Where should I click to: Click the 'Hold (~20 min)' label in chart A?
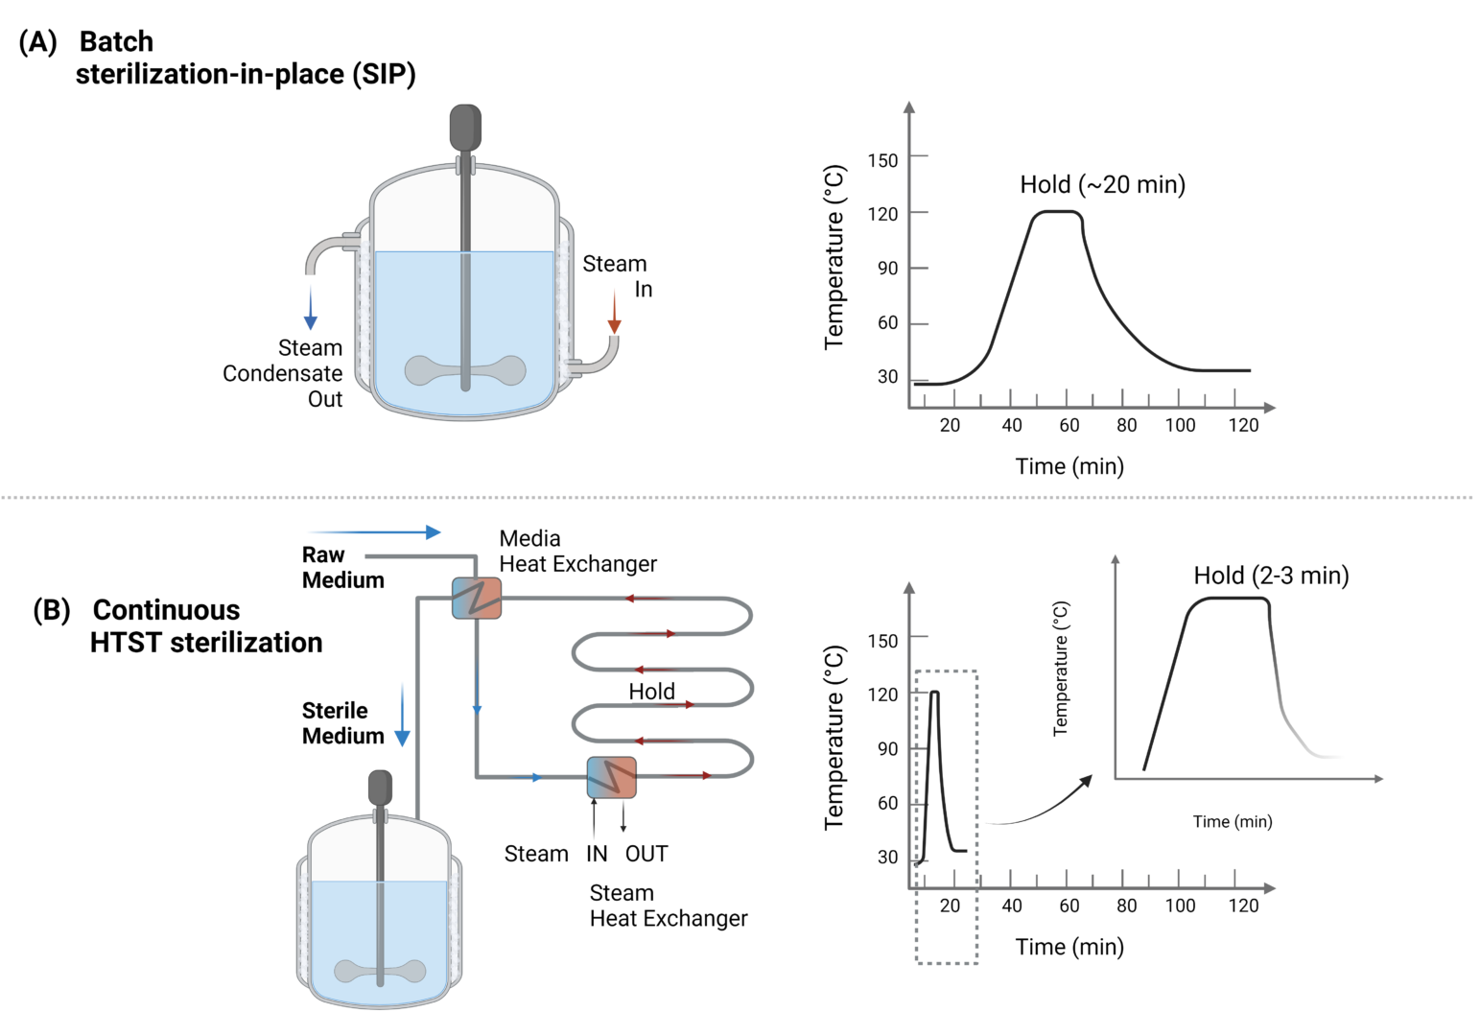point(1102,184)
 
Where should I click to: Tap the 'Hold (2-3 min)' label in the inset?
point(1271,575)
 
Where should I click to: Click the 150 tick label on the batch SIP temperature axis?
point(882,160)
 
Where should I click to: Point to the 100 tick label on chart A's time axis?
point(1180,425)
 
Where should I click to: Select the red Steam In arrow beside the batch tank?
point(614,314)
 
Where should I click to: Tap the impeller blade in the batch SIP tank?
point(465,370)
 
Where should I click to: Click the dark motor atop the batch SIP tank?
point(465,128)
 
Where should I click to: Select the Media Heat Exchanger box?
point(477,598)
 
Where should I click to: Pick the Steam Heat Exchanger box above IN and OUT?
point(611,777)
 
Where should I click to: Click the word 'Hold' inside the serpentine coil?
point(651,691)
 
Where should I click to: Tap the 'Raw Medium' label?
point(342,567)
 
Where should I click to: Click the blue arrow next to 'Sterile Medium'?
point(403,715)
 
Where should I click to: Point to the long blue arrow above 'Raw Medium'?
point(374,531)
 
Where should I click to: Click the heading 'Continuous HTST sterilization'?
point(206,625)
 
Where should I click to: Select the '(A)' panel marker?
point(38,41)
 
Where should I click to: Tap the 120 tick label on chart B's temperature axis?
point(882,694)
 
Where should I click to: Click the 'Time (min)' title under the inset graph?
point(1232,821)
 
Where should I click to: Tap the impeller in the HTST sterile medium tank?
point(380,971)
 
